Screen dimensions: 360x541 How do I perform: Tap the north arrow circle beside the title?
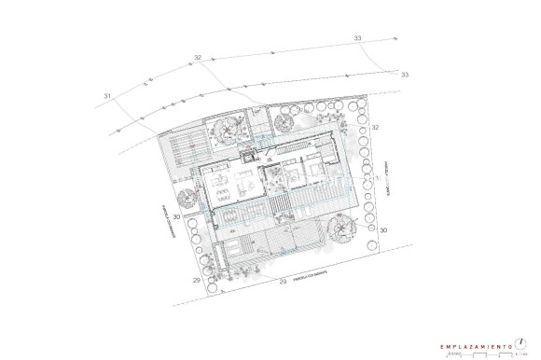coord(530,343)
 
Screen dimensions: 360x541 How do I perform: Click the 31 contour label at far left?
coord(107,96)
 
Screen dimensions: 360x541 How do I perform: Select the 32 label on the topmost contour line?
coord(198,58)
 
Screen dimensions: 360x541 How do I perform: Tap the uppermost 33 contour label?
coord(359,38)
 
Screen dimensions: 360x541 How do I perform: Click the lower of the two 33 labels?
coord(404,75)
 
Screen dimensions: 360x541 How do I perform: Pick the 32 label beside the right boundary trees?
coord(375,127)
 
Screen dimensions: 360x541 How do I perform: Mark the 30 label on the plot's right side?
coord(382,228)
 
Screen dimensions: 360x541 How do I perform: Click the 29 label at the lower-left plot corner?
coord(196,280)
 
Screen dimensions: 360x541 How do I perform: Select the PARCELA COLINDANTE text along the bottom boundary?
coord(307,276)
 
